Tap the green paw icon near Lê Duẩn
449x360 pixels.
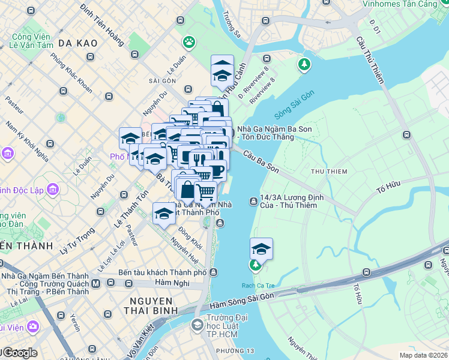(190, 42)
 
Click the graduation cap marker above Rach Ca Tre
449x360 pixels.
(261, 248)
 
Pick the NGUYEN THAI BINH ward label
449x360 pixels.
(149, 305)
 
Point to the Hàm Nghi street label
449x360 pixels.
(172, 282)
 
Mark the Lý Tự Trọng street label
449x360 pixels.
(77, 239)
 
